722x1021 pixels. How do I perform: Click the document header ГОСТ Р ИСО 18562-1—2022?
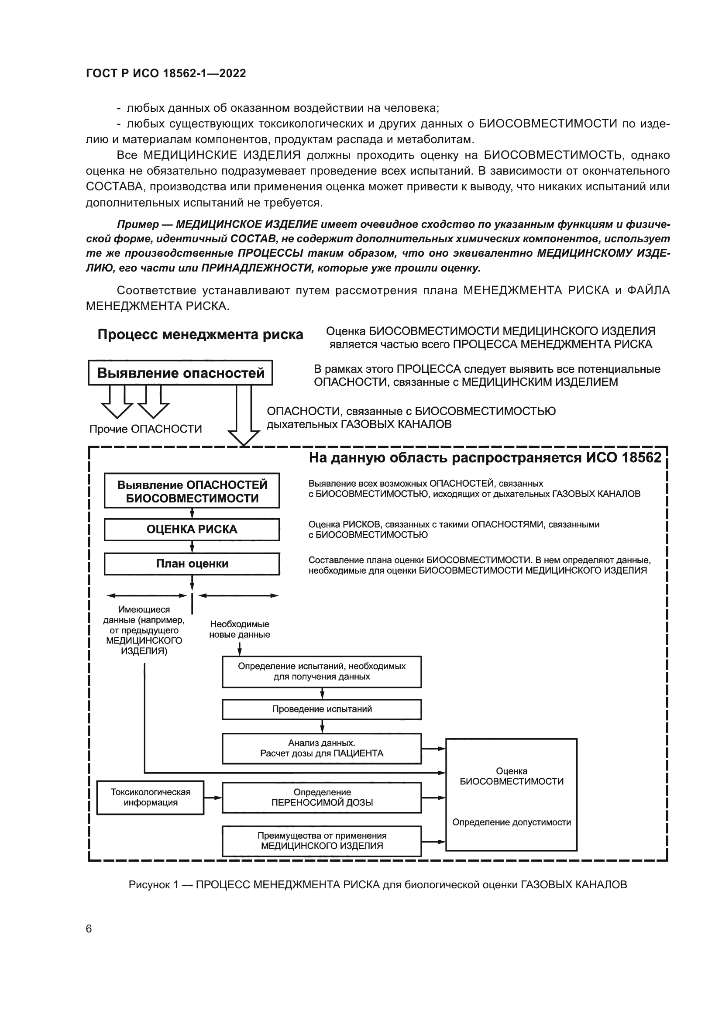(166, 73)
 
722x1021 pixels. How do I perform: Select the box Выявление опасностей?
(181, 373)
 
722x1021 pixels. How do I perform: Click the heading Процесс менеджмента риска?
(200, 334)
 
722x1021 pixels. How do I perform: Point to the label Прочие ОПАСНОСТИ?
(145, 429)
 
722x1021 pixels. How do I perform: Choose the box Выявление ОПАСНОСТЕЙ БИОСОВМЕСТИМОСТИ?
(192, 491)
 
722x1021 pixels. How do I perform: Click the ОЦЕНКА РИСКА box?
(192, 529)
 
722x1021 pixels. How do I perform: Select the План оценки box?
(192, 564)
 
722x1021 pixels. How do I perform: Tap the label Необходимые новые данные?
(240, 629)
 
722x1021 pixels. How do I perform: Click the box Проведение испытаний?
(322, 709)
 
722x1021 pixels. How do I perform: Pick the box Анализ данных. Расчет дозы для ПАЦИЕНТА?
(322, 749)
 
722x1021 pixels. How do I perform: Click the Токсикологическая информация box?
(150, 798)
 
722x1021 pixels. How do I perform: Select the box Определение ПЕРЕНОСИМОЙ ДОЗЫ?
(322, 798)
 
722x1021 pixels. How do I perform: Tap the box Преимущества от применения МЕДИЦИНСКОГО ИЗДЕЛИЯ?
(322, 841)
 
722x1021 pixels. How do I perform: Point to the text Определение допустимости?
(511, 822)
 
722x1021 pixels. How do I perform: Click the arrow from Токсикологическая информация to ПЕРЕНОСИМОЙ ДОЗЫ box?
(213, 798)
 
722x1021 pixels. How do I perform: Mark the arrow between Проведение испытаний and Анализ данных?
(322, 727)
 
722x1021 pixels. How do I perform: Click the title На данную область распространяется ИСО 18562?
(485, 458)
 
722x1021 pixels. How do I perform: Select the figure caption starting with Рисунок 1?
(378, 884)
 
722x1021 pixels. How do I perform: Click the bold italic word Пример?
(138, 224)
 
